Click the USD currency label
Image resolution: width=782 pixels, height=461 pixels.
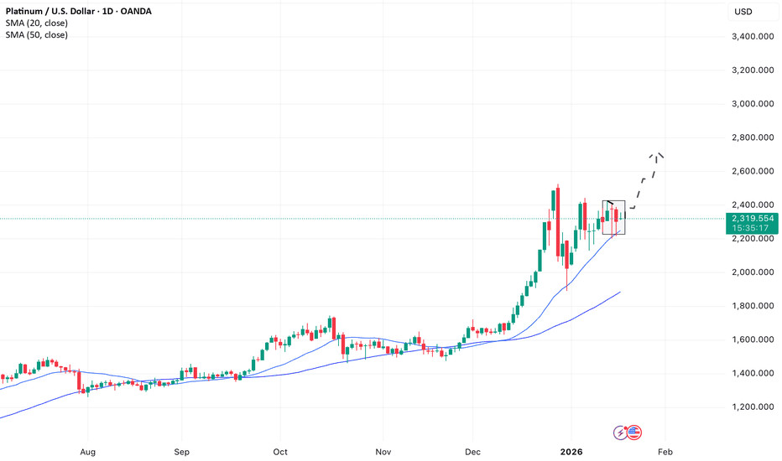tap(743, 11)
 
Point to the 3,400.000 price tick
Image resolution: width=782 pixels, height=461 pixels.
tap(752, 37)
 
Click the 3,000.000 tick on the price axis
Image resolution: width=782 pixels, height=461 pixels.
tap(752, 104)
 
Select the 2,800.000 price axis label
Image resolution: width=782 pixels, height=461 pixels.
tap(752, 137)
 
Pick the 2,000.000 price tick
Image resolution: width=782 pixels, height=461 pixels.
tap(752, 272)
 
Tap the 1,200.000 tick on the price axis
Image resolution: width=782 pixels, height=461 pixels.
tap(752, 407)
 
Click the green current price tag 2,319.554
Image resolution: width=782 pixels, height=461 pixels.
tap(752, 218)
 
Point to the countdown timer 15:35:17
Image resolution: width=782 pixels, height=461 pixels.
tap(752, 229)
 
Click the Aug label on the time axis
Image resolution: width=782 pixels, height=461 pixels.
tap(87, 451)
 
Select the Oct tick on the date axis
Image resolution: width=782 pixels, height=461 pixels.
tap(280, 451)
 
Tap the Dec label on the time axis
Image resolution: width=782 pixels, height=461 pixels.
tap(472, 451)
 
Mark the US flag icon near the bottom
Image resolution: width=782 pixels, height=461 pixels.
tap(633, 433)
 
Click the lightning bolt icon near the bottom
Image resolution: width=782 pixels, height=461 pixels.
tap(621, 433)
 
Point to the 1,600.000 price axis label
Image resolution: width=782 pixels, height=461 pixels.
tap(752, 339)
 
